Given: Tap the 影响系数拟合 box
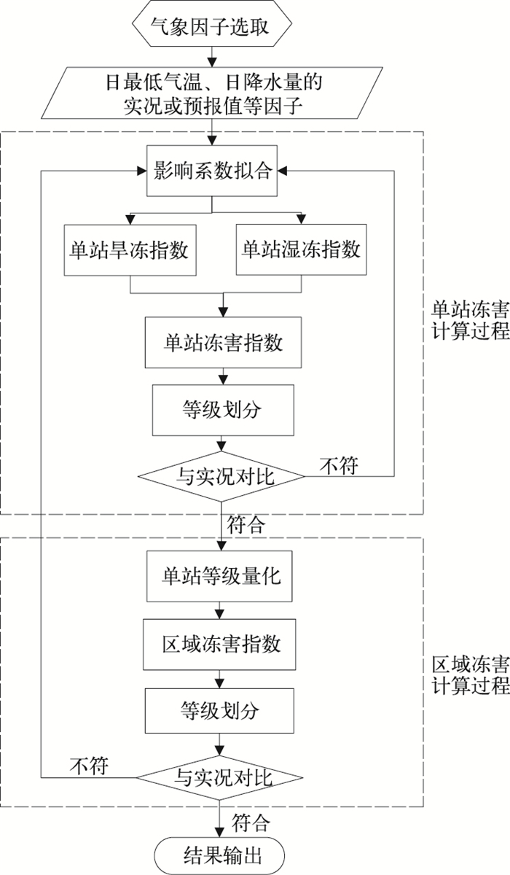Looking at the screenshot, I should [212, 172].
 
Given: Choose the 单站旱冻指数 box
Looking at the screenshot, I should [129, 250].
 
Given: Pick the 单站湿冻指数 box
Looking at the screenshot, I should [301, 250].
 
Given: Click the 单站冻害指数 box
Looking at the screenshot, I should [222, 342].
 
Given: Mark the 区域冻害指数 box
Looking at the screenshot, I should [221, 644].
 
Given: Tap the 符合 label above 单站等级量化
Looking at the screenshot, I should [246, 524].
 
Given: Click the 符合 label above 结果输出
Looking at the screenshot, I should [251, 823].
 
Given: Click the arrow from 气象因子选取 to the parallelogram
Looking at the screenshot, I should [212, 55].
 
